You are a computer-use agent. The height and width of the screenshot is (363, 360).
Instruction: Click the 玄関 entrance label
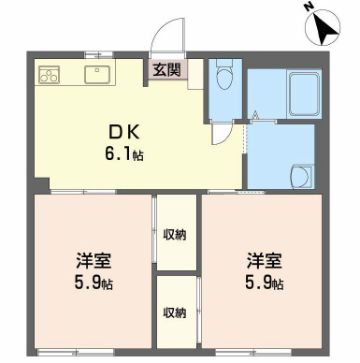[166, 69]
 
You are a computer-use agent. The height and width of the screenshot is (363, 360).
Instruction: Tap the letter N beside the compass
[310, 7]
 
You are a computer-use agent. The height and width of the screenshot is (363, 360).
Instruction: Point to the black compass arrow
[326, 27]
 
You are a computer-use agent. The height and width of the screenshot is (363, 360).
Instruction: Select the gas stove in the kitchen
[49, 75]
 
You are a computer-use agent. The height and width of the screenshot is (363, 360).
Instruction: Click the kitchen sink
[97, 75]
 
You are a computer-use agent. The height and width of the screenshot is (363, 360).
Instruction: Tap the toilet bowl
[224, 74]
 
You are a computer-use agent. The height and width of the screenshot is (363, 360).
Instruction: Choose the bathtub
[304, 94]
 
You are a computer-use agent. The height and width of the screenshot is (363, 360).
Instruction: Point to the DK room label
[123, 133]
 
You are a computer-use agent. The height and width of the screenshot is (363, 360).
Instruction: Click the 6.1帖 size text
[123, 154]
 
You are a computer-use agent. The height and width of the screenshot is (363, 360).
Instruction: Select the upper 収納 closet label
[175, 234]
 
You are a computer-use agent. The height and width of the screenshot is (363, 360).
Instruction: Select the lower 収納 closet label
[175, 312]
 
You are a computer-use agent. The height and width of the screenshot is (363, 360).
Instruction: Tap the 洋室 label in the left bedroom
[94, 261]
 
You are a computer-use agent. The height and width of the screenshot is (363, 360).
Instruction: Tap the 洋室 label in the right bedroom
[265, 261]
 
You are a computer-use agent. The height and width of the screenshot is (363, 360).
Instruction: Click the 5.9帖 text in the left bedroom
[94, 283]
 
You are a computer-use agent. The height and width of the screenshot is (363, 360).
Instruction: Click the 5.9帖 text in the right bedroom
[265, 283]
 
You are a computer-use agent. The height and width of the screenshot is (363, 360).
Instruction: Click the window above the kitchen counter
[98, 55]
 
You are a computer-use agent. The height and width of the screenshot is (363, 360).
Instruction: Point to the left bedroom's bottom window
[76, 353]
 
